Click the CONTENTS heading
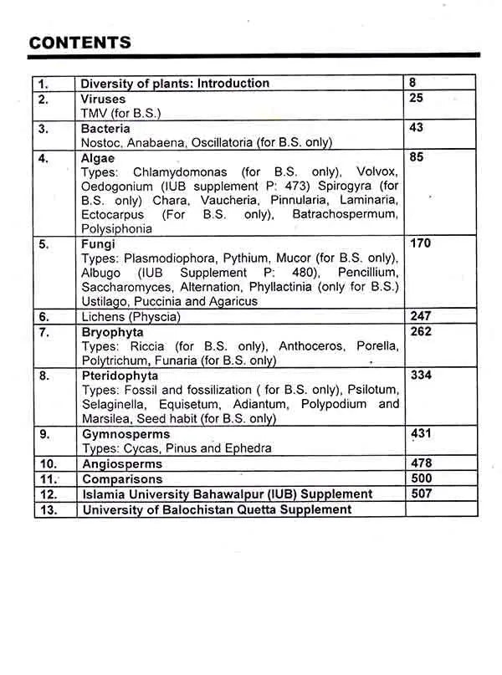click(79, 43)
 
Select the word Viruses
click(103, 99)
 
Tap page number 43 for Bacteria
click(417, 128)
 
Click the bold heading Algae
click(98, 157)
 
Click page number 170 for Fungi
click(421, 243)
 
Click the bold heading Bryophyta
click(111, 332)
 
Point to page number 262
click(421, 332)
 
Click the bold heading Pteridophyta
click(118, 376)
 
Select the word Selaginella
click(114, 404)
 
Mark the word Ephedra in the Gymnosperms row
click(248, 448)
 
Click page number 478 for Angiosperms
click(421, 463)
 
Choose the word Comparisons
click(121, 479)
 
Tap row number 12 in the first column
click(49, 494)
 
